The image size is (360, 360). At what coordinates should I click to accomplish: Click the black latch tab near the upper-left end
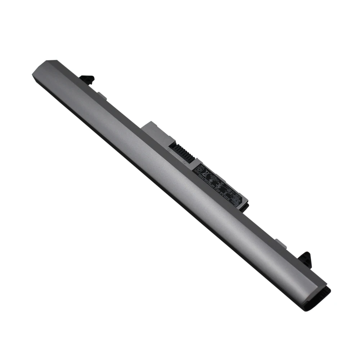[x=87, y=79]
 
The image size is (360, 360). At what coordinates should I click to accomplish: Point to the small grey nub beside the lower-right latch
[x=281, y=243]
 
